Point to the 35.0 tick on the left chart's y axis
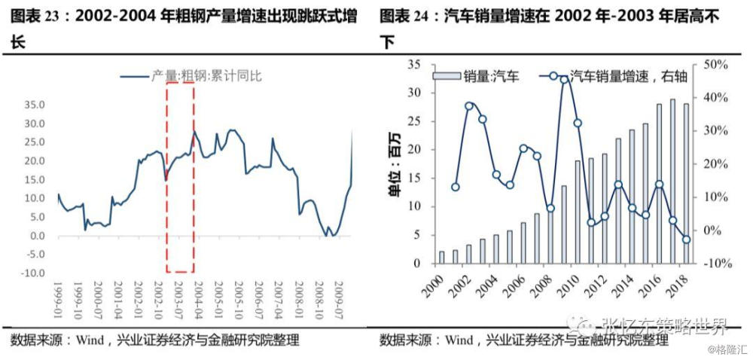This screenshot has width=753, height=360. pos(34,104)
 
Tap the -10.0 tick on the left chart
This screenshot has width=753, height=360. pos(32,273)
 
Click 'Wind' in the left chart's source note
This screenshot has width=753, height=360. pos(90,340)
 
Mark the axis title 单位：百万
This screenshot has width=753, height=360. pos(395,164)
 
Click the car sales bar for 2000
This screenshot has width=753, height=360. pos(441,258)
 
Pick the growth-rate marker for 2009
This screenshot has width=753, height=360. pos(564,79)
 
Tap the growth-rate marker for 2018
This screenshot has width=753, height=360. pos(686,239)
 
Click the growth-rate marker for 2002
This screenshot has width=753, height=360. pos(469,106)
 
